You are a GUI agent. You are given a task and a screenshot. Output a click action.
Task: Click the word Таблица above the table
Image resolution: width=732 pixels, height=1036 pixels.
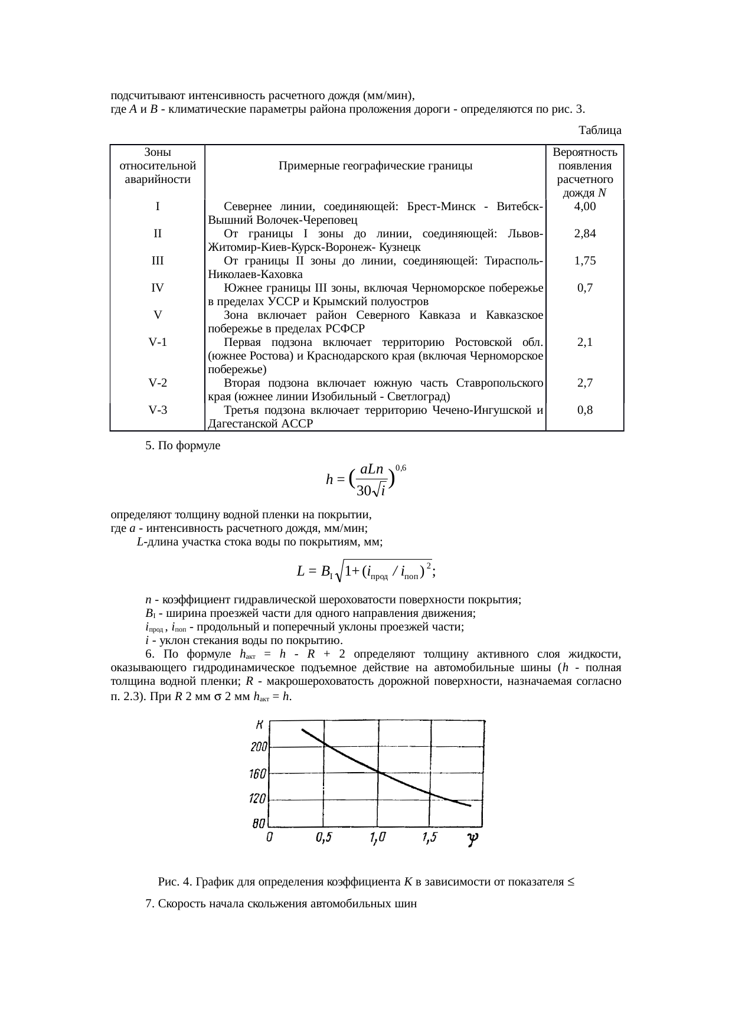(600, 129)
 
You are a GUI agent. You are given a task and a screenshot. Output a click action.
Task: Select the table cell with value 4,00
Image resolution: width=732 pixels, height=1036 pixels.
(585, 207)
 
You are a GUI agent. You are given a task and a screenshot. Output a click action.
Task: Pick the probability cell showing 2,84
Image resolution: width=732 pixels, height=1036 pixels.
(585, 234)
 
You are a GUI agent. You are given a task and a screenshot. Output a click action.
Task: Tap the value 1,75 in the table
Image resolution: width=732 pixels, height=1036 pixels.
(585, 260)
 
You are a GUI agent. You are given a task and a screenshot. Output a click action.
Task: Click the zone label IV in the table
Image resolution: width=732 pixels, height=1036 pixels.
(157, 288)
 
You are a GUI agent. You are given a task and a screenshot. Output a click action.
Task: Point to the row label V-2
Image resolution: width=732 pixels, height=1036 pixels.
(157, 383)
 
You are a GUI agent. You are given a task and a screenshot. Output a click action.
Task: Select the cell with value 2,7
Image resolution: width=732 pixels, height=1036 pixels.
(585, 383)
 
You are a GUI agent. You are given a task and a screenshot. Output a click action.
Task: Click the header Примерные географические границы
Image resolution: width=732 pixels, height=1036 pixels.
(375, 166)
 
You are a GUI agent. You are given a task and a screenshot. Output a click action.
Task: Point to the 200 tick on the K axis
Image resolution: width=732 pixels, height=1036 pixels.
(259, 747)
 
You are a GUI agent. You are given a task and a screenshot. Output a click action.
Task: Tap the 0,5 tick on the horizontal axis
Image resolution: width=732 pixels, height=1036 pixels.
(323, 838)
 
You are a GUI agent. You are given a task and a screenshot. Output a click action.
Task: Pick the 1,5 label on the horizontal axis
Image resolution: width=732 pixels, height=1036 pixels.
(430, 838)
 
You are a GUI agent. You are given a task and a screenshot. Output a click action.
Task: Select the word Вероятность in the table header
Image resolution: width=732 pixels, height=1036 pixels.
(585, 152)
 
